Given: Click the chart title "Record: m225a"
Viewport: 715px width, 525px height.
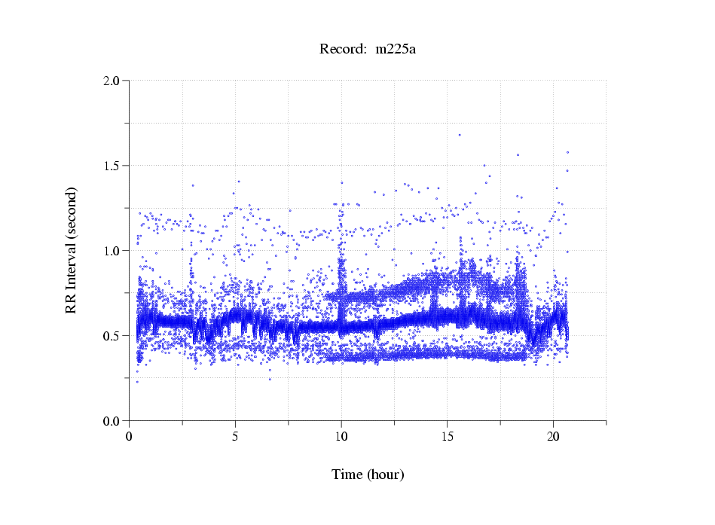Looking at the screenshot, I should tap(368, 50).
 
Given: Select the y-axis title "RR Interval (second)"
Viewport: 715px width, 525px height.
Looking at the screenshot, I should tap(71, 249).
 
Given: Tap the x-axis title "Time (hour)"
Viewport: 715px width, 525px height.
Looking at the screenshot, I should tap(368, 475).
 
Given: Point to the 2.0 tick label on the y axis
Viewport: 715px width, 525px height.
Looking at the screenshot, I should tap(112, 81).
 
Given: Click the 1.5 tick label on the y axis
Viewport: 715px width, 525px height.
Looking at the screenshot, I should tap(112, 166).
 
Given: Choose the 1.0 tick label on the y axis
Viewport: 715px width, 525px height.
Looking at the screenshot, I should tap(112, 251).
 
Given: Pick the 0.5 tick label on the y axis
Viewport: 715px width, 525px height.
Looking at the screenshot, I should tap(112, 336).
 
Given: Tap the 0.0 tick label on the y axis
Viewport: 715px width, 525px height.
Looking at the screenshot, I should tap(112, 421).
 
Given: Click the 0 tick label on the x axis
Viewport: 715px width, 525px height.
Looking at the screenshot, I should tap(130, 436).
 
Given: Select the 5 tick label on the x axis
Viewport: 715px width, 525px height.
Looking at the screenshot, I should tap(236, 436).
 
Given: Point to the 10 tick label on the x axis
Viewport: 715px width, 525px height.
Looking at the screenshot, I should tap(341, 436).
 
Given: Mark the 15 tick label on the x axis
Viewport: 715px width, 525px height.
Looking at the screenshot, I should tap(448, 436).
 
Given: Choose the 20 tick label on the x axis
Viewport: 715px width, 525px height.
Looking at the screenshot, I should tap(554, 436).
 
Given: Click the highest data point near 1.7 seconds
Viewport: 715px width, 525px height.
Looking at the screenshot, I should tap(459, 135).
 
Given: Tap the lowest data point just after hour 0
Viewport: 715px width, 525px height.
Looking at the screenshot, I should tap(137, 382).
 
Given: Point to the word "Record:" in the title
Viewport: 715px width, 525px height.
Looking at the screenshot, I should tap(343, 50).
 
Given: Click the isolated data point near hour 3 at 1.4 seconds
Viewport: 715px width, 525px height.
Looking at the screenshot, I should tap(193, 185).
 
